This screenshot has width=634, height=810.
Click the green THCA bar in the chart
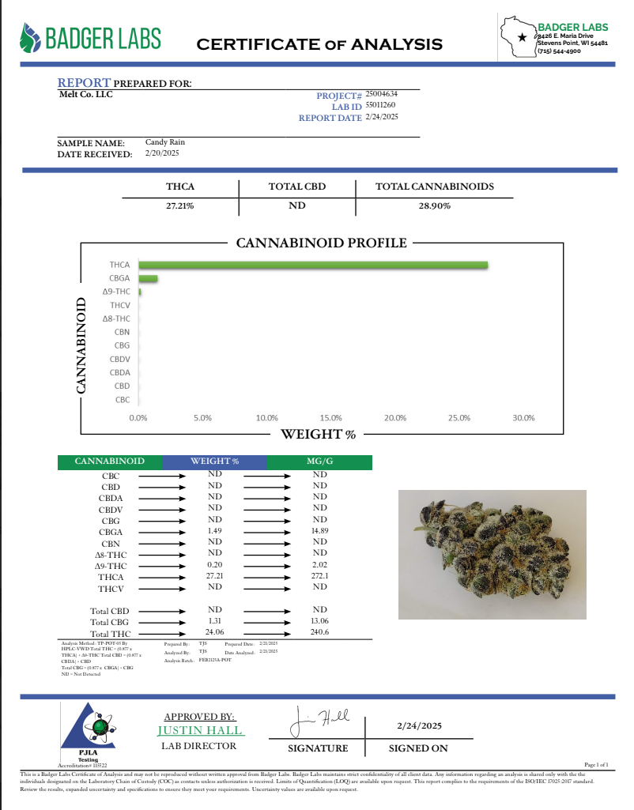pos(313,266)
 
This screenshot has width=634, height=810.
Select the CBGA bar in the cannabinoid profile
pos(148,279)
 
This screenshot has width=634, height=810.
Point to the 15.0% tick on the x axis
pos(330,417)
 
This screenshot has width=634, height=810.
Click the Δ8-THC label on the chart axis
pos(116,318)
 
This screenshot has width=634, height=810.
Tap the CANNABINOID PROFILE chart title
pos(322,243)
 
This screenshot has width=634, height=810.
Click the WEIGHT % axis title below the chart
pos(319,434)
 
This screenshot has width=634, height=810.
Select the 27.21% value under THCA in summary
pos(179,205)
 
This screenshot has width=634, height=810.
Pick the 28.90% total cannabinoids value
pos(434,205)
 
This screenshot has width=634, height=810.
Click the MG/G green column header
pos(319,462)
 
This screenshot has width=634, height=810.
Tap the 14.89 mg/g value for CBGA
pos(319,531)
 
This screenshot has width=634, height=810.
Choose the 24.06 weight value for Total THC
pos(214,632)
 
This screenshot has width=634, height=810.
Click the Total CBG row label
pos(110,622)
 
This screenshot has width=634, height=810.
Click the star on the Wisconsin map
pos(521,36)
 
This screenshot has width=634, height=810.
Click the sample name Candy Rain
pos(164,142)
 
